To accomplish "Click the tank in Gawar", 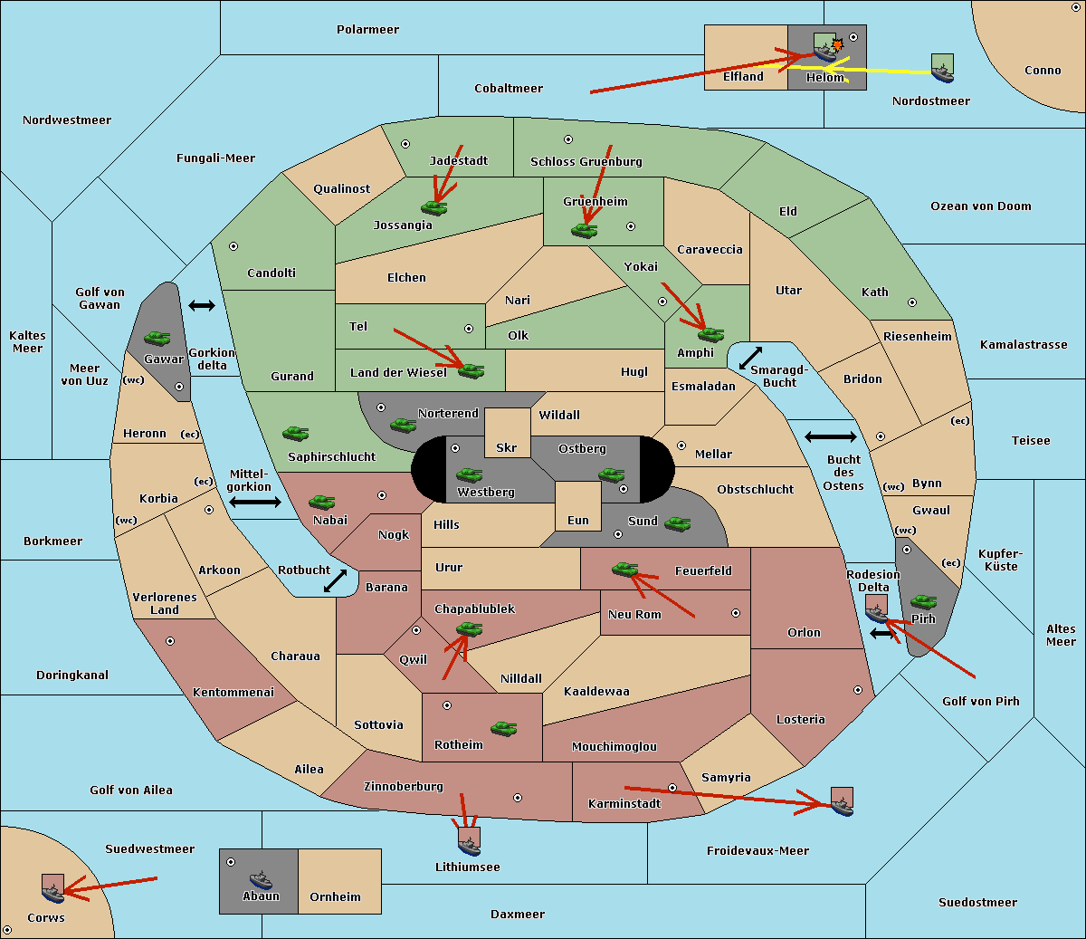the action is pos(157,338).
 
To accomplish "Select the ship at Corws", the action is pos(52,888).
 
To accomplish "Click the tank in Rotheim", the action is pos(503,729).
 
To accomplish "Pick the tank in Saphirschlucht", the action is pos(295,433).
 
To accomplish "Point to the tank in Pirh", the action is pos(923,601).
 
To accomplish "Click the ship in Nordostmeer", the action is pos(943,68).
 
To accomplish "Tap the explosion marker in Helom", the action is pos(837,44).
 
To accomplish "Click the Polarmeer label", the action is pos(367,30).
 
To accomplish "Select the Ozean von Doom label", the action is pos(980,206).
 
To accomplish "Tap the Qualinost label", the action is pos(341,188).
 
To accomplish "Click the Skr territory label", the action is pos(506,448).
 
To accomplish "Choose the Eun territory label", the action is pos(578,520).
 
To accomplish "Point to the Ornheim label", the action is pos(335,897).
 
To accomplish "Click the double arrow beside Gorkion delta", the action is pos(202,305).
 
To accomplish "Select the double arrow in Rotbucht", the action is pos(335,580).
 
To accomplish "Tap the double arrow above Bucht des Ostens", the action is pos(831,436).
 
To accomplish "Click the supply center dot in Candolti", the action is pos(233,246).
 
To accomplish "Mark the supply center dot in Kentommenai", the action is pos(170,641).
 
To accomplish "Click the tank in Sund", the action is pos(677,523).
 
